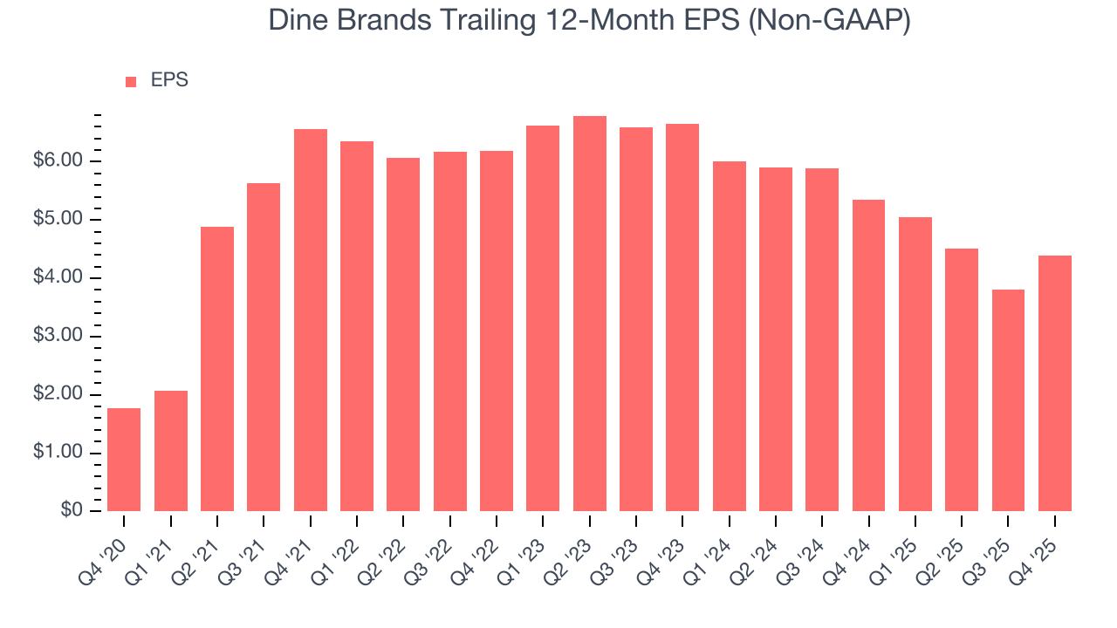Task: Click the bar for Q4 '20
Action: pos(124,460)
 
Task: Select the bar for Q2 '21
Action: pos(217,369)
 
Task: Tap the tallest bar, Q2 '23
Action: pos(590,314)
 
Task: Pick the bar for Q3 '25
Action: pos(1008,400)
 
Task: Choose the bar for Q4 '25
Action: pos(1054,383)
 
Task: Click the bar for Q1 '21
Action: pos(171,451)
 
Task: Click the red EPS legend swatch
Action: pos(131,81)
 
